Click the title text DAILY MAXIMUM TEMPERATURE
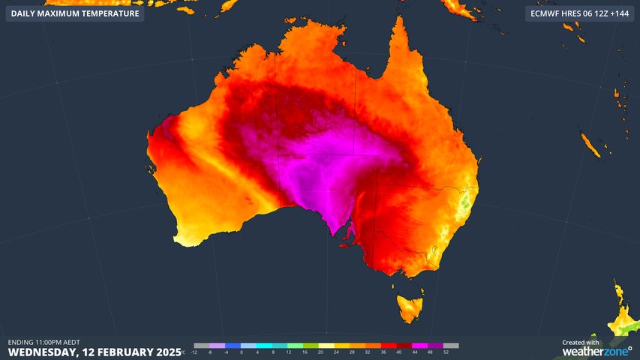(75, 13)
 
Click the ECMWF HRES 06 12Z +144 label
(577, 13)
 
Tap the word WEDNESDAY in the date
(40, 352)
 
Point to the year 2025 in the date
(166, 352)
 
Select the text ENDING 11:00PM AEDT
(44, 342)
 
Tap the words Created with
(581, 342)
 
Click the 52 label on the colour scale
(446, 352)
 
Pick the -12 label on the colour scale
(194, 352)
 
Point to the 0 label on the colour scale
(242, 352)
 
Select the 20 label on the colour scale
(320, 352)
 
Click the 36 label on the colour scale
(383, 352)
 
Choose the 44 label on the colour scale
(415, 352)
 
